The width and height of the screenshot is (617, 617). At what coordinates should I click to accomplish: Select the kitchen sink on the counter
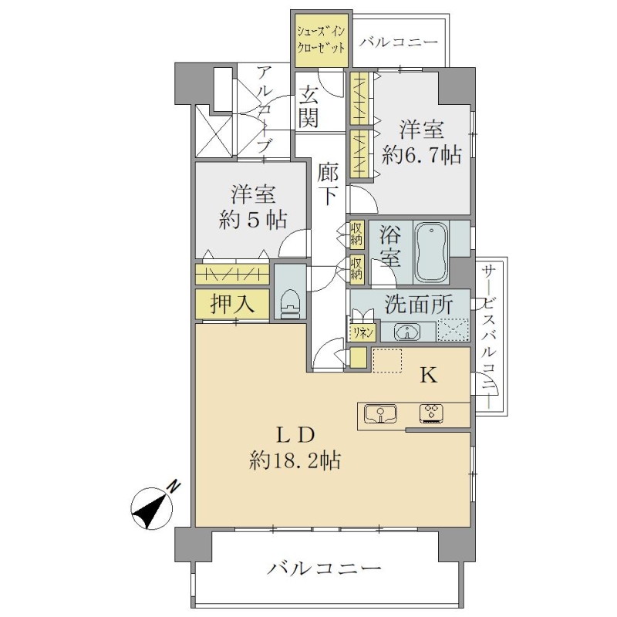380,414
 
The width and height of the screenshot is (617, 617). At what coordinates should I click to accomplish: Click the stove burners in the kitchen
432,414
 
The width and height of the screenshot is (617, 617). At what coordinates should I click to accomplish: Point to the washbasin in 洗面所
408,332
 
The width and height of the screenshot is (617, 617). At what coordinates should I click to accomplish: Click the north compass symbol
153,507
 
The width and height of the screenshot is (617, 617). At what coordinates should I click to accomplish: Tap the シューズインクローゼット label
321,40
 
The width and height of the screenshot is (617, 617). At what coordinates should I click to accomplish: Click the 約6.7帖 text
422,155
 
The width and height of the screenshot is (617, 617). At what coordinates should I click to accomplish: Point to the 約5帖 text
253,221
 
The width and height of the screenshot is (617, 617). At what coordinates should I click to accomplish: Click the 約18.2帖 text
295,460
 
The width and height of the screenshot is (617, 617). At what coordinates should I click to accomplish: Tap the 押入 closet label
232,304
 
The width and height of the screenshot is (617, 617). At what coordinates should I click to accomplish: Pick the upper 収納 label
356,234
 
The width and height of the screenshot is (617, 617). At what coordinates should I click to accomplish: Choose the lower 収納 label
356,268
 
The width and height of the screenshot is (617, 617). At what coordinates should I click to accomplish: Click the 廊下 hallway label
328,184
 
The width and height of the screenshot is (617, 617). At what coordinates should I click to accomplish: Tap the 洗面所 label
419,304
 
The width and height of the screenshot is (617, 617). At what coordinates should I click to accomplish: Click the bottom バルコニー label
324,568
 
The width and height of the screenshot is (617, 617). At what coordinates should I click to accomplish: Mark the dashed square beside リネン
453,329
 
